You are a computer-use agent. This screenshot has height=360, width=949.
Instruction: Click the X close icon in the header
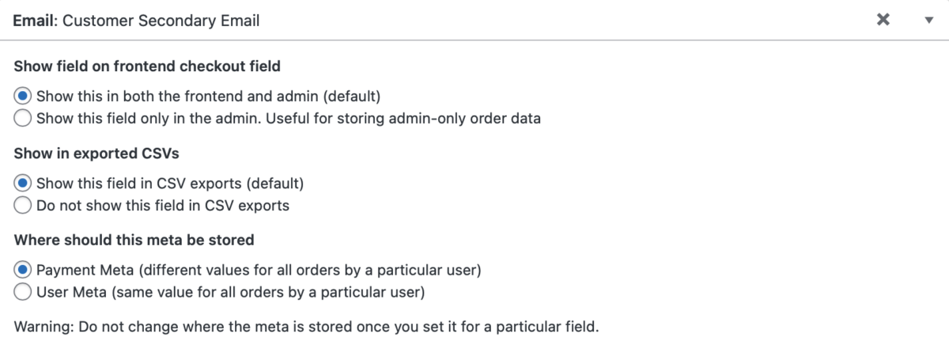coord(883,20)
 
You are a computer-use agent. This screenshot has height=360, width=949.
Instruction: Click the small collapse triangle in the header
coord(929,21)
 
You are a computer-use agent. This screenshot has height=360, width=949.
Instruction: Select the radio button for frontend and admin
coord(24,97)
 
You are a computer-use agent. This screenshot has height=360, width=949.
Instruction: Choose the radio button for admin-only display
coord(24,119)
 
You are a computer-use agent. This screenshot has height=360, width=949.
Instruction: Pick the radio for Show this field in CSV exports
coord(24,184)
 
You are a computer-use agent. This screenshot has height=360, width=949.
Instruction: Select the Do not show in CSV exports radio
coord(24,206)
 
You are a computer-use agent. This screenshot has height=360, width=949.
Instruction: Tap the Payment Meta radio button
coord(24,270)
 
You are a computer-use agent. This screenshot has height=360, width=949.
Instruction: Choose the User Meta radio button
coord(24,292)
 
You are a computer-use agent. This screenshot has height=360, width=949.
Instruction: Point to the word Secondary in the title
coord(174,21)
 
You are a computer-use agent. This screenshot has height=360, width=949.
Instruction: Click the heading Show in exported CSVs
coord(96,153)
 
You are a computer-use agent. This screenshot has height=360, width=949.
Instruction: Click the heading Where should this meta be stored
coord(134,239)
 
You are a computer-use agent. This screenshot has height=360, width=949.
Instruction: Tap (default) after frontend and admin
coord(353,97)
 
